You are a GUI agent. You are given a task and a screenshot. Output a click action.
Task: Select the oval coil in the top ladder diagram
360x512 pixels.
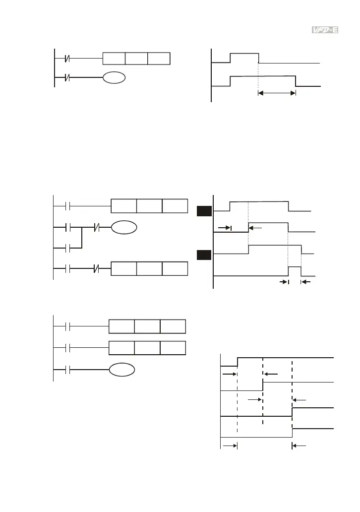pyautogui.click(x=114, y=77)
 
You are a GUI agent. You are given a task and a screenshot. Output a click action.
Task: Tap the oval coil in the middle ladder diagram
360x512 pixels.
pyautogui.click(x=122, y=228)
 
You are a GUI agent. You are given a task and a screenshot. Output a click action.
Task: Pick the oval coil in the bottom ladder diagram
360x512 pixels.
pyautogui.click(x=121, y=369)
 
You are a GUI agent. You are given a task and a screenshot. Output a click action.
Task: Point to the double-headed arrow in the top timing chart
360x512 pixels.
pyautogui.click(x=277, y=92)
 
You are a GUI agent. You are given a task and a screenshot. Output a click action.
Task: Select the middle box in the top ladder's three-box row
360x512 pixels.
pyautogui.click(x=136, y=58)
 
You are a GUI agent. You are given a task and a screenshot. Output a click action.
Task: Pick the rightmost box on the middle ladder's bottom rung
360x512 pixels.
pyautogui.click(x=175, y=269)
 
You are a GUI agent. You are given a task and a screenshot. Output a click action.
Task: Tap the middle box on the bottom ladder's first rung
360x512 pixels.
pyautogui.click(x=147, y=327)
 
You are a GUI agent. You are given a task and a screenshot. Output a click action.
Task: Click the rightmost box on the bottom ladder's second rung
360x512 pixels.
pyautogui.click(x=173, y=348)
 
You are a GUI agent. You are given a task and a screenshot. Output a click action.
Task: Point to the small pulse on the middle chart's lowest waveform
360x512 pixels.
pyautogui.click(x=295, y=270)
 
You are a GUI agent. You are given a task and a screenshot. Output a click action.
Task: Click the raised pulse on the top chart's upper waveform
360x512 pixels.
pyautogui.click(x=244, y=57)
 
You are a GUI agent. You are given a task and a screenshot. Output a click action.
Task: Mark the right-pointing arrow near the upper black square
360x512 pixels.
pyautogui.click(x=225, y=228)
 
